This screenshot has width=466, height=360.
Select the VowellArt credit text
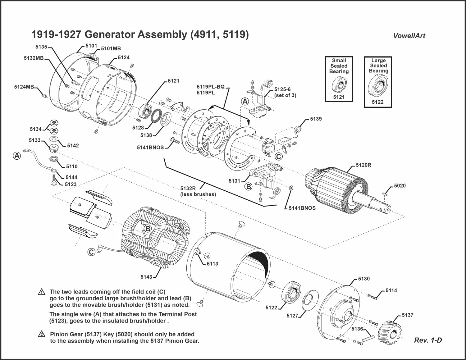[x=409, y=36]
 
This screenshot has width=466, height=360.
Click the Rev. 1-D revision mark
[x=428, y=340]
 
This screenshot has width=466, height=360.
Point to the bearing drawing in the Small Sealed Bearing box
[x=339, y=85]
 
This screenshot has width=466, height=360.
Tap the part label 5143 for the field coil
[x=146, y=277]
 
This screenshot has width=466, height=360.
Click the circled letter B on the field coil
[x=148, y=229]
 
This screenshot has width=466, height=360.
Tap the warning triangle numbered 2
[x=42, y=334]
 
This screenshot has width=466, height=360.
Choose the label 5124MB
[x=24, y=87]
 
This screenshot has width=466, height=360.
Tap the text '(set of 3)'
[x=285, y=96]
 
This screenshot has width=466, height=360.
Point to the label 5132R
[x=188, y=188]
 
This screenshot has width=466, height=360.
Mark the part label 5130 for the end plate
[x=364, y=279]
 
